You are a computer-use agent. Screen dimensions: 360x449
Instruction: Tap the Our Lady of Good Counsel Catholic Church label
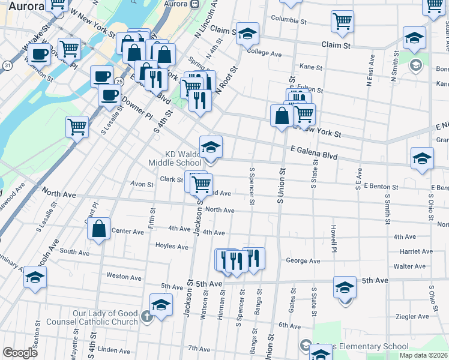[106, 317]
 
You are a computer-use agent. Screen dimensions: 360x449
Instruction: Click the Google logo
[20, 353]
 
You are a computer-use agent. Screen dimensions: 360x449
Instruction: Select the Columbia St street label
[289, 19]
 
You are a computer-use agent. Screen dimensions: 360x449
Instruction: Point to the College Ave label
[264, 53]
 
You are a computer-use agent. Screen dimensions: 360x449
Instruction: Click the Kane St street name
[310, 68]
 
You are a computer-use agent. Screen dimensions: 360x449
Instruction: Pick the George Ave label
[303, 261]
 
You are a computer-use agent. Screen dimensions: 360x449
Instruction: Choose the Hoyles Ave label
[172, 246]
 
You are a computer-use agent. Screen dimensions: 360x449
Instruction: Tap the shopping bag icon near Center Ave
[99, 229]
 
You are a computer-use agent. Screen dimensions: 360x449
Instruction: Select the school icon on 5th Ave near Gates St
[345, 287]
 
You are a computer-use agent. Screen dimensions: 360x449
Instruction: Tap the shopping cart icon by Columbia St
[342, 20]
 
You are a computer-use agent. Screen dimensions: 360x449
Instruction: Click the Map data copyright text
[423, 355]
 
